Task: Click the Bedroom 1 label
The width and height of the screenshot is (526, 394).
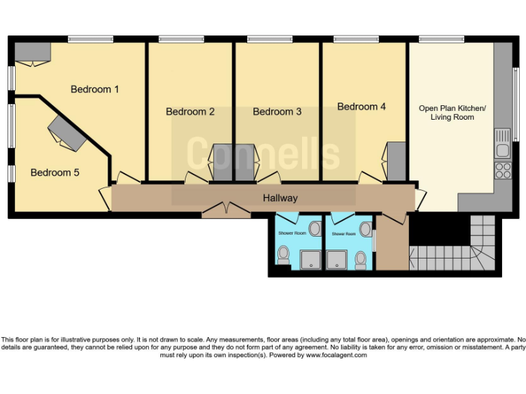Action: click(95, 90)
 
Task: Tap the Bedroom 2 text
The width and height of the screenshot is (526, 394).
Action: click(190, 111)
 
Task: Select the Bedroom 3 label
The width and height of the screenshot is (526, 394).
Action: click(277, 111)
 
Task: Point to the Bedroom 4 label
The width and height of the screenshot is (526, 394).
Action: click(362, 107)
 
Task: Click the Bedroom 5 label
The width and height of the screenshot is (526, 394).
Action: click(55, 173)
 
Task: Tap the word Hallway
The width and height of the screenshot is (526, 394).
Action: click(281, 198)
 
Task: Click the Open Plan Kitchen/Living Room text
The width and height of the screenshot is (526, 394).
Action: click(452, 113)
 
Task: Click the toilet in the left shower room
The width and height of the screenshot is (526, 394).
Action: click(283, 255)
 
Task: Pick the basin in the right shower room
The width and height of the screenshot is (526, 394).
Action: click(366, 228)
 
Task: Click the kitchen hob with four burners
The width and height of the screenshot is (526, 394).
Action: click(503, 170)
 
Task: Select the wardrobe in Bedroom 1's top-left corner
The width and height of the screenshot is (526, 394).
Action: click(32, 52)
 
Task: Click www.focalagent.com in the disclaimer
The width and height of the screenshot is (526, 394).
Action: click(336, 355)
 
